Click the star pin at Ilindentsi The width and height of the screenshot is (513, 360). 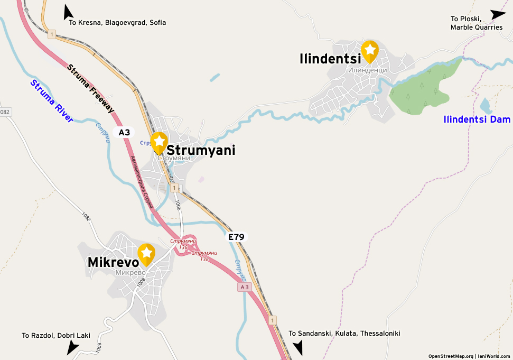pyautogui.click(x=370, y=51)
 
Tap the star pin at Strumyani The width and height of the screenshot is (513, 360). pyautogui.click(x=159, y=142)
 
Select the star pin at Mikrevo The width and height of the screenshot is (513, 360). pyautogui.click(x=146, y=254)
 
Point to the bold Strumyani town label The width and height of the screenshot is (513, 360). pyautogui.click(x=201, y=151)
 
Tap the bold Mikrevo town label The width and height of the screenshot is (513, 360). pyautogui.click(x=113, y=262)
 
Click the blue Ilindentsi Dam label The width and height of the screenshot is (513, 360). pyautogui.click(x=477, y=120)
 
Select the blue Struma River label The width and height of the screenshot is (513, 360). pyautogui.click(x=52, y=101)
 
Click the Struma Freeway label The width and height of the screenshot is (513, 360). pyautogui.click(x=91, y=88)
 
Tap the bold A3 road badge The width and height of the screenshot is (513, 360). pyautogui.click(x=124, y=133)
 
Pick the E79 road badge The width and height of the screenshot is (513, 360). pyautogui.click(x=236, y=237)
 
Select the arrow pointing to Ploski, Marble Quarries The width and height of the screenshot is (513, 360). pyautogui.click(x=498, y=15)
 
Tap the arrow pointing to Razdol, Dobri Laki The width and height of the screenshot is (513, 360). pyautogui.click(x=72, y=347)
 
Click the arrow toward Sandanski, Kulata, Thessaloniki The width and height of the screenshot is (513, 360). pyautogui.click(x=298, y=347)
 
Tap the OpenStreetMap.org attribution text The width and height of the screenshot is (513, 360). pyautogui.click(x=451, y=356)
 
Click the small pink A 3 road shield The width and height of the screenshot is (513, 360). pyautogui.click(x=243, y=287)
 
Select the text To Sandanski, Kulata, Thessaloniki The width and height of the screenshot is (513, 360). pyautogui.click(x=344, y=334)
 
